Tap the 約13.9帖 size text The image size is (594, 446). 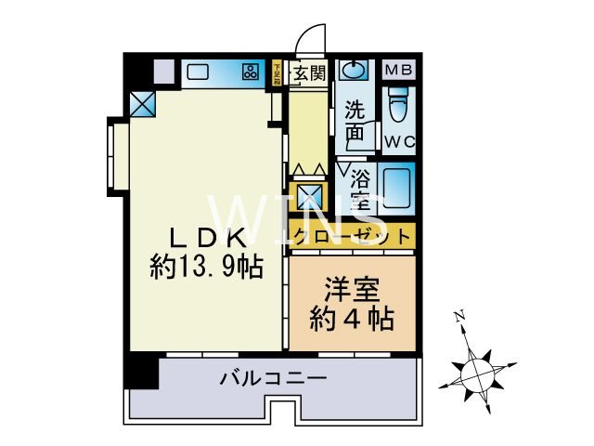coord(205,268)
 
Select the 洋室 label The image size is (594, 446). coord(352,289)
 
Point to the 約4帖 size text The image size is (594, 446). coord(352,320)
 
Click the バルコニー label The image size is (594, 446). coord(273,378)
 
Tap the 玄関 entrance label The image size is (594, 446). coord(306,73)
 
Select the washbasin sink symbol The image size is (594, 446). coord(354,72)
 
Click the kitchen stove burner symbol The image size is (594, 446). coord(251,72)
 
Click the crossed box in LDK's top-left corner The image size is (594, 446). coord(143,104)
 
